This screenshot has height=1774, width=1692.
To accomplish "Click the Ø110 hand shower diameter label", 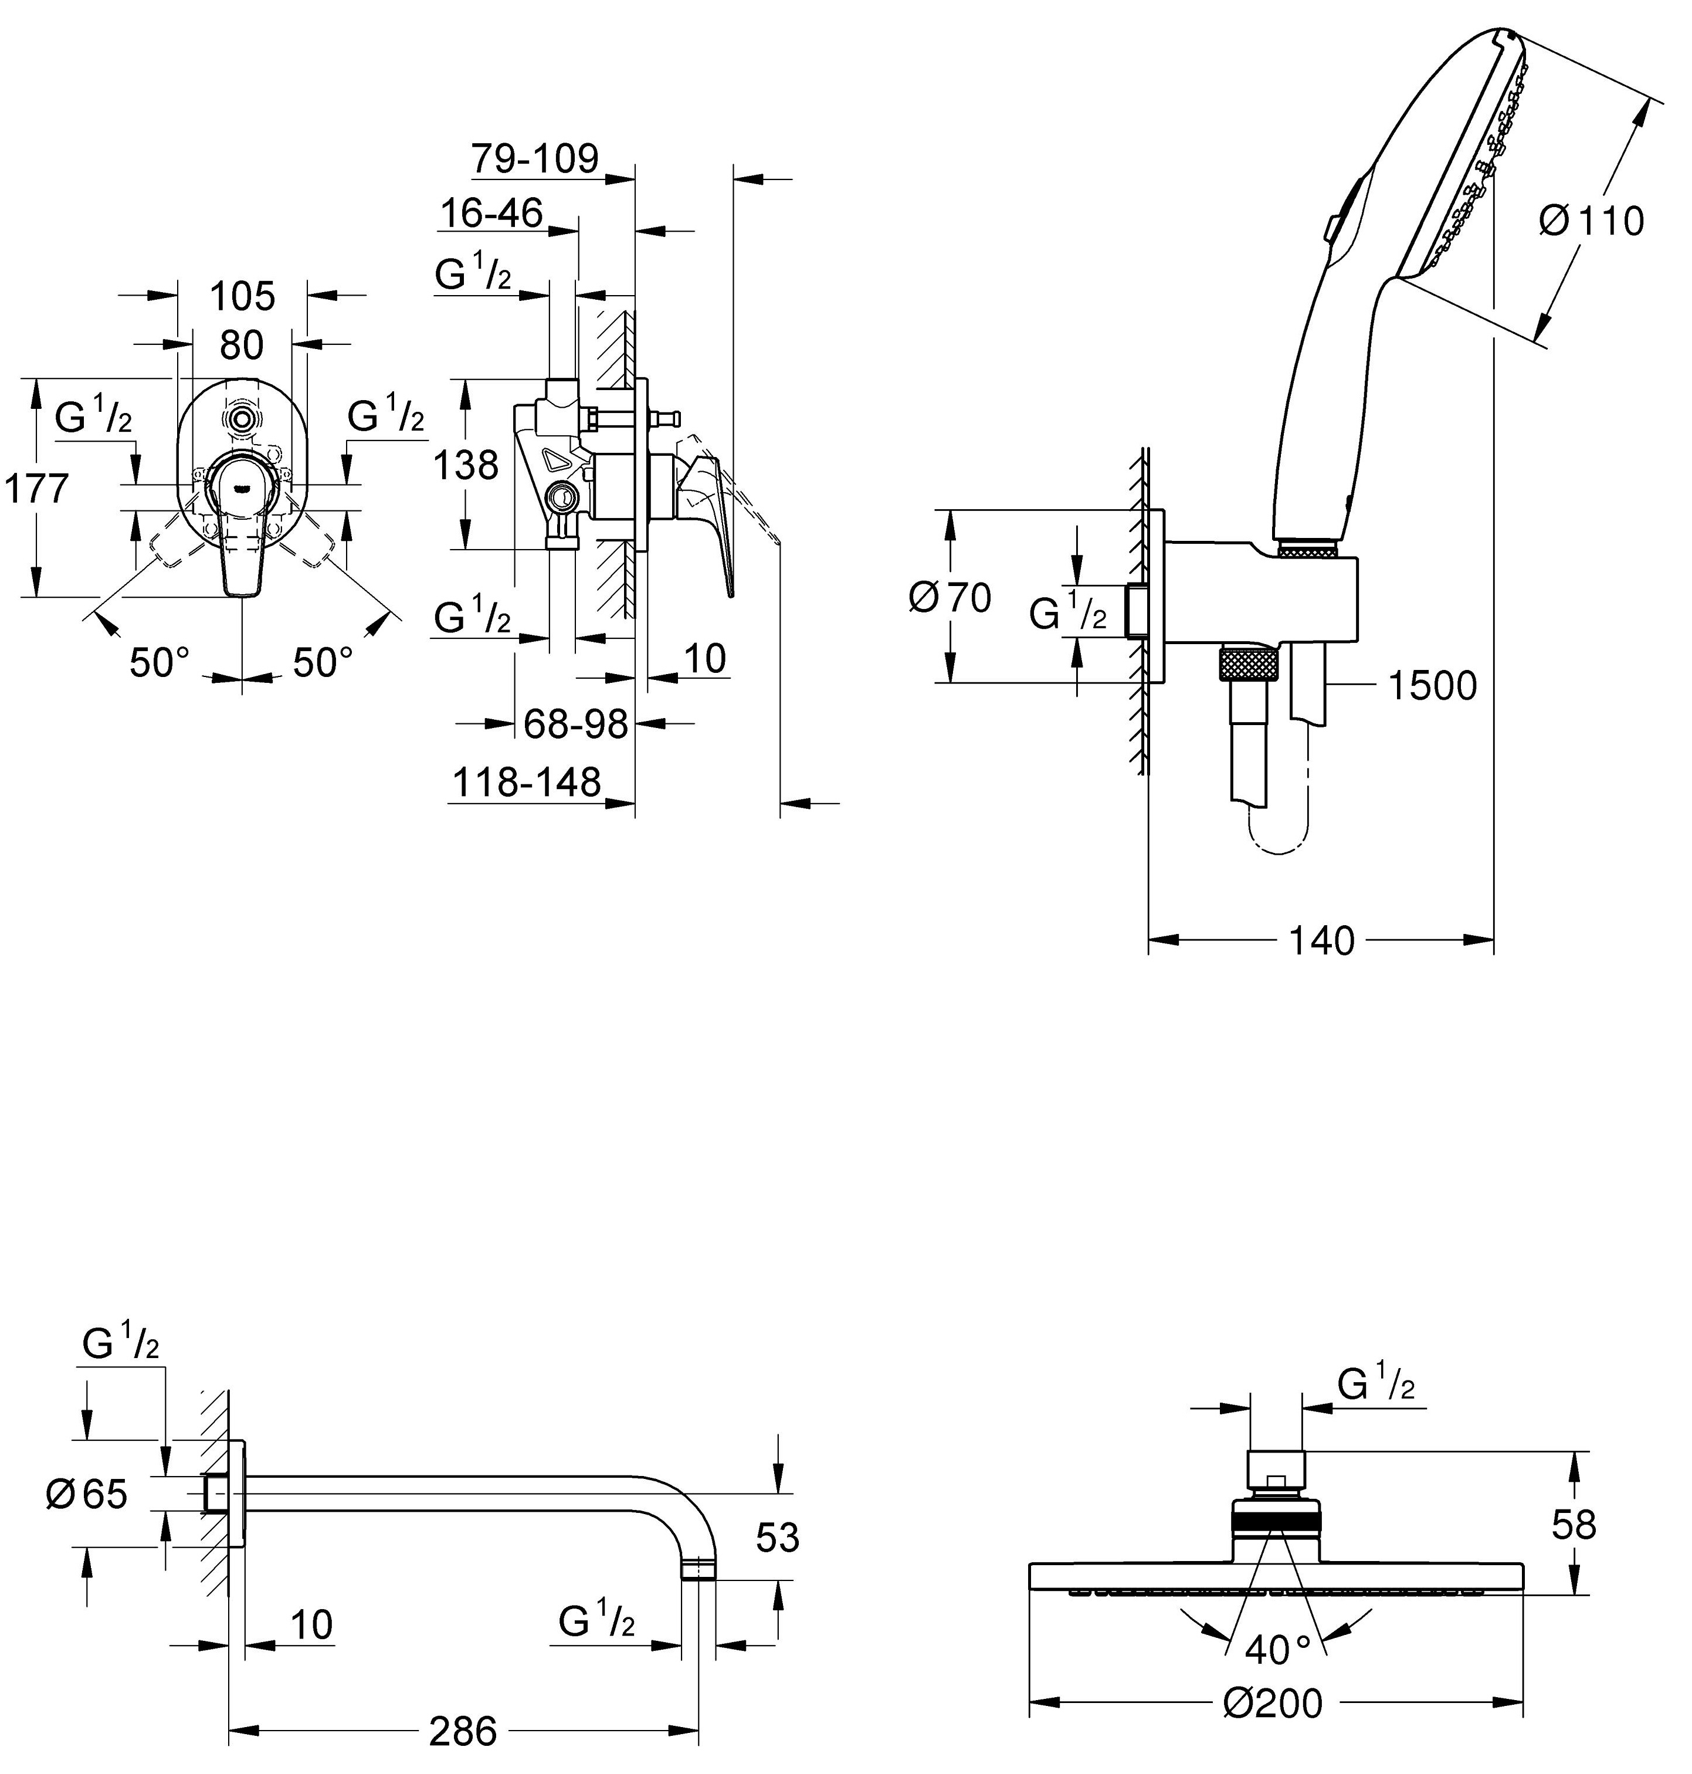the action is [1591, 221].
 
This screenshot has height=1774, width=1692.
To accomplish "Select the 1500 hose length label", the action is [1432, 686].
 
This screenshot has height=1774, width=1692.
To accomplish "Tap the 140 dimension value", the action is [1321, 941].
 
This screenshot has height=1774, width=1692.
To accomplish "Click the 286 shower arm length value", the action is [463, 1731].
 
